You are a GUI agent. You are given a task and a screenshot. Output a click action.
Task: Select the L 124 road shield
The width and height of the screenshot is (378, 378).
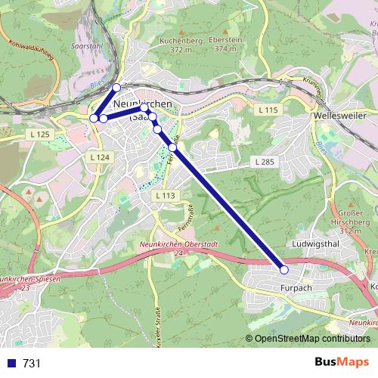[x=99, y=156]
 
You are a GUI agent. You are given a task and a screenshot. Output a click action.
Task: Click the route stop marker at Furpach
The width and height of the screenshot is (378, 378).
[x=284, y=270]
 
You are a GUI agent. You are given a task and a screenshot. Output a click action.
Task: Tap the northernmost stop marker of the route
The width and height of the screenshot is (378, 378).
[x=116, y=88]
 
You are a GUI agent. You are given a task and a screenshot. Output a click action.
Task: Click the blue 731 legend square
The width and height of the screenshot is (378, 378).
[x=11, y=363]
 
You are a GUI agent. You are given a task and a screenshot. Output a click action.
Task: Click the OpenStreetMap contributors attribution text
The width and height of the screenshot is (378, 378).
[x=312, y=339]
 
